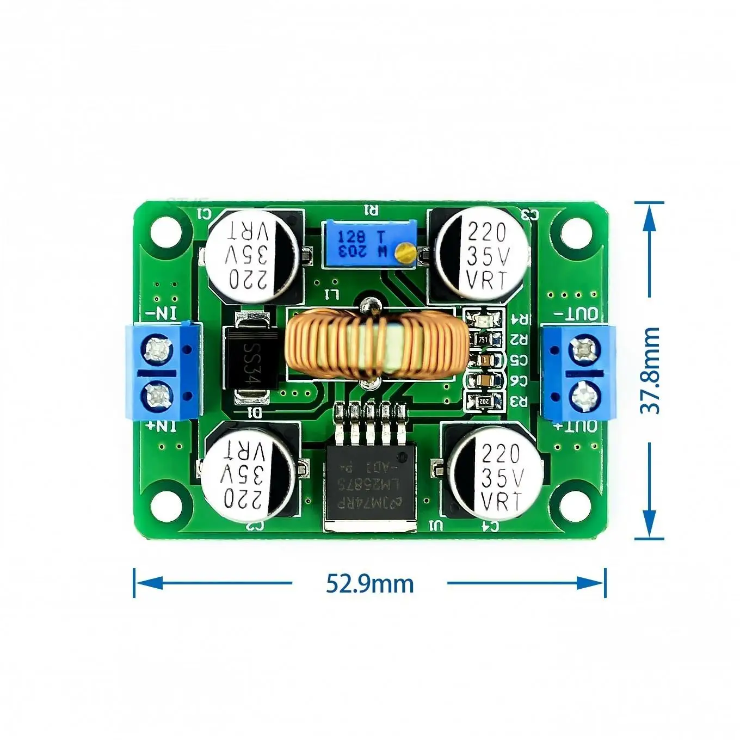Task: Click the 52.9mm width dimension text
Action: (369, 583)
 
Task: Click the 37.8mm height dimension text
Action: (650, 370)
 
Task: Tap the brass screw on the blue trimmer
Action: (404, 251)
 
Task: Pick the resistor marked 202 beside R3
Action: (484, 402)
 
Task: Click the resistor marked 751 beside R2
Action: (484, 340)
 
